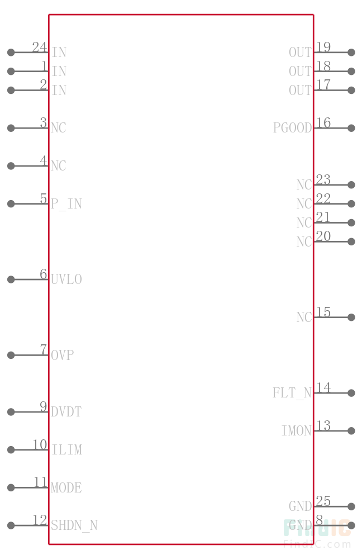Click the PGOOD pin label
coord(292,127)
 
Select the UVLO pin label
coord(66,279)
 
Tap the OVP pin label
coord(63,355)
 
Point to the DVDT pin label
coord(66,412)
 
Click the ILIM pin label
coord(67,449)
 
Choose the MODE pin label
coord(66,487)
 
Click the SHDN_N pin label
coord(74,525)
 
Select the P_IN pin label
coord(66,204)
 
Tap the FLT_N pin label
coord(292,393)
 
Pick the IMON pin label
coord(297,430)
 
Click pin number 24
coord(40,47)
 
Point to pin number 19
coord(323,47)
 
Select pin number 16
coord(323,122)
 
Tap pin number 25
coord(323,501)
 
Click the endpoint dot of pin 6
coord(11,279)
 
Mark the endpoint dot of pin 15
coord(351,318)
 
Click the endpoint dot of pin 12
coord(11,525)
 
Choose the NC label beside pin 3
coord(59,127)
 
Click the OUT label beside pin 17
coord(301,90)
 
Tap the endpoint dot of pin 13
coord(351,430)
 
